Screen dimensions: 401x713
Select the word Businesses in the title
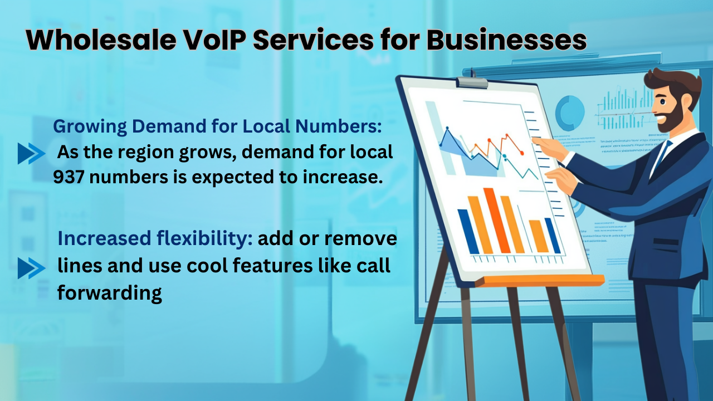click(507, 41)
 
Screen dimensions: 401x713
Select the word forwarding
click(110, 292)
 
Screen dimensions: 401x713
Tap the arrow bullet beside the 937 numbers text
click(31, 153)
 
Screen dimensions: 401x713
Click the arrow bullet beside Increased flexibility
click(31, 268)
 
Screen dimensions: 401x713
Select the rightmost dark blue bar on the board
click(553, 235)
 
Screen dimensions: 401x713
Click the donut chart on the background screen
click(569, 112)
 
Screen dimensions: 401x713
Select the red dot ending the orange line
click(521, 152)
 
